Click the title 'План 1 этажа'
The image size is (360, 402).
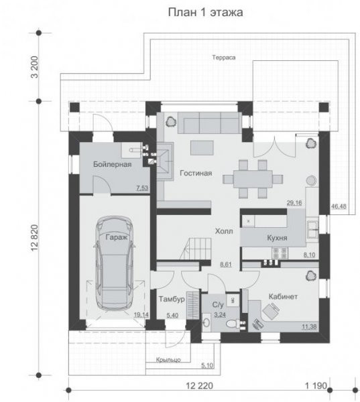(206, 12)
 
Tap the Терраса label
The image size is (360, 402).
(224, 58)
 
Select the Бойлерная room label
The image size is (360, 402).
(113, 164)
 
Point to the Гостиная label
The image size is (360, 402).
(196, 174)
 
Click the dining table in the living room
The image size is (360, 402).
(253, 179)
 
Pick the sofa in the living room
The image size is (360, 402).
(210, 123)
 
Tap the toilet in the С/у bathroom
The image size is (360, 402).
(233, 324)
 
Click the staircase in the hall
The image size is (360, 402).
(196, 249)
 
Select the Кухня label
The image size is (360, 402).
(277, 238)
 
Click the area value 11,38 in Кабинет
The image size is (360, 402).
(309, 327)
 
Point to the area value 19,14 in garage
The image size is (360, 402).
(141, 315)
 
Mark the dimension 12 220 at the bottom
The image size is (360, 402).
(199, 386)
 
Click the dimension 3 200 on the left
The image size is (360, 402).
(35, 67)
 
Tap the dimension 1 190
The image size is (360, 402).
(316, 386)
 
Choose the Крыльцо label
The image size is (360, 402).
(168, 360)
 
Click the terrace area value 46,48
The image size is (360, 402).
(339, 206)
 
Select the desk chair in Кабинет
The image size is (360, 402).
(271, 311)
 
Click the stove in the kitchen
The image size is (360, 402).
(280, 253)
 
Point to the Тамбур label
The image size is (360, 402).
(172, 299)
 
